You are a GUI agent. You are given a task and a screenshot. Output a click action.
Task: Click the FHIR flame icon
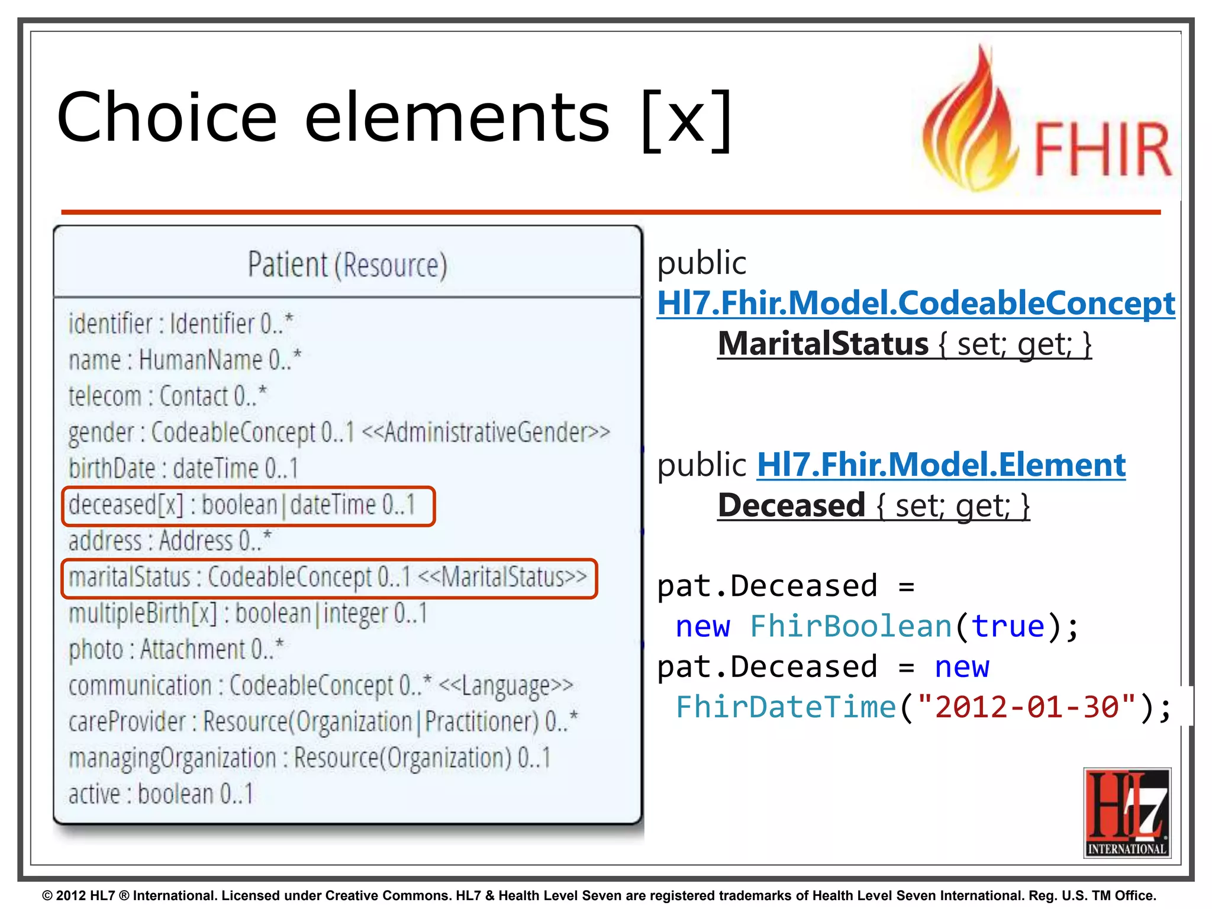pyautogui.click(x=971, y=124)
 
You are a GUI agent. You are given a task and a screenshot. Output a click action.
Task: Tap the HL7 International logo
pyautogui.click(x=1127, y=812)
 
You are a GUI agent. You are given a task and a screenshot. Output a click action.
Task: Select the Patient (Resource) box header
pyautogui.click(x=347, y=265)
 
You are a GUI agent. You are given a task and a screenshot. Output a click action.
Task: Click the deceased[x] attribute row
pyautogui.click(x=243, y=505)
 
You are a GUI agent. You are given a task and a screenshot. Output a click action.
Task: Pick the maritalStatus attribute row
pyautogui.click(x=328, y=578)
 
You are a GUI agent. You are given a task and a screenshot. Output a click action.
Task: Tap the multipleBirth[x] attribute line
pyautogui.click(x=247, y=614)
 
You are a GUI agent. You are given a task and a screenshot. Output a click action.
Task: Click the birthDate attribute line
pyautogui.click(x=183, y=469)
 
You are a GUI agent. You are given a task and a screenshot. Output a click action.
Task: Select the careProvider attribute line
pyautogui.click(x=323, y=722)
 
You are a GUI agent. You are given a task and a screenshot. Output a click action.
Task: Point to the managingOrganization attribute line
pyautogui.click(x=309, y=758)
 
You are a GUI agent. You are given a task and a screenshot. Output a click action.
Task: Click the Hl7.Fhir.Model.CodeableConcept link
pyautogui.click(x=916, y=304)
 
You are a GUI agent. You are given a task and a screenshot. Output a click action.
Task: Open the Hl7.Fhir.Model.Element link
pyautogui.click(x=941, y=465)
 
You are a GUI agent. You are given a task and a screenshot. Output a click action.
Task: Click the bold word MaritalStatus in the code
pyautogui.click(x=823, y=344)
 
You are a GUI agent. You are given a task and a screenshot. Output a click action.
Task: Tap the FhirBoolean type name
pyautogui.click(x=851, y=626)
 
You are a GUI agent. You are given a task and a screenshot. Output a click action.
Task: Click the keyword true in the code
pyautogui.click(x=1008, y=626)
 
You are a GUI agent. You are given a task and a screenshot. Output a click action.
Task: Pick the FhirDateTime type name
pyautogui.click(x=786, y=707)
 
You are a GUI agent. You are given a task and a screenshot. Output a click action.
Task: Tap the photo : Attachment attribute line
pyautogui.click(x=176, y=650)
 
